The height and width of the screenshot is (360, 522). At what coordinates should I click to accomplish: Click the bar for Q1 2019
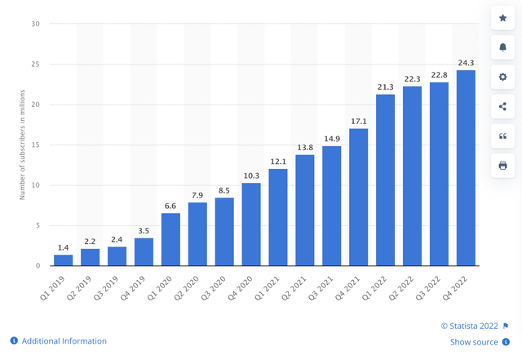64,260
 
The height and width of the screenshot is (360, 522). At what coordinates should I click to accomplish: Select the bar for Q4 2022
466,168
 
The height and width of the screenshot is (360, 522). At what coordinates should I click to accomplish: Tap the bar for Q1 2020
170,239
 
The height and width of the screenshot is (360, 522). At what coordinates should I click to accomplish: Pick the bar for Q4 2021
358,198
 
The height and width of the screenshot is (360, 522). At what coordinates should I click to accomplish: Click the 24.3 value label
466,62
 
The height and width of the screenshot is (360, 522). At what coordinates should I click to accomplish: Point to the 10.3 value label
251,175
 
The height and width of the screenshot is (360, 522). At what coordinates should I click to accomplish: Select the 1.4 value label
64,247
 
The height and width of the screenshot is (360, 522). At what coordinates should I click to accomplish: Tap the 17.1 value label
358,121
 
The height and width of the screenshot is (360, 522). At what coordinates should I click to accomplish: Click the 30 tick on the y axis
35,24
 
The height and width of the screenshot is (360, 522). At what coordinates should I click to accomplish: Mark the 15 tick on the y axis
35,145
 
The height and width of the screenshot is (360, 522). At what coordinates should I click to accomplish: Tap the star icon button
502,17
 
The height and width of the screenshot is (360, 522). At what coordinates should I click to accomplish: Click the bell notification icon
502,47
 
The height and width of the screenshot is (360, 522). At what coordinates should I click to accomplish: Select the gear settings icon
502,77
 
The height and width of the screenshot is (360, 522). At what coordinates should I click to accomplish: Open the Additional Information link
64,341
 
